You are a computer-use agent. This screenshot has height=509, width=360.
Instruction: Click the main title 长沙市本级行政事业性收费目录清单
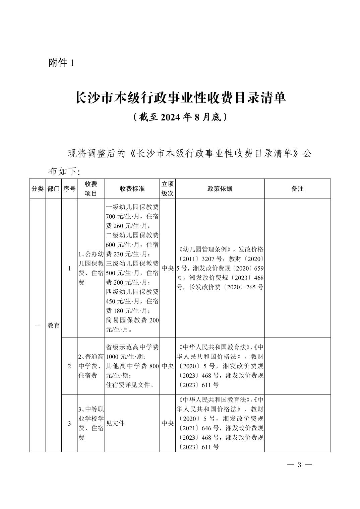(x=180, y=98)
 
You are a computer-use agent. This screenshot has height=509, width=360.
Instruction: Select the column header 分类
(x=38, y=189)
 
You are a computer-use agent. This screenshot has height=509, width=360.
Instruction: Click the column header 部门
(x=54, y=189)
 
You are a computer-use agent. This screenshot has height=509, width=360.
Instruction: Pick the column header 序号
(x=69, y=189)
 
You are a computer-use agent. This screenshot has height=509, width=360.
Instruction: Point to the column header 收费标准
(x=132, y=189)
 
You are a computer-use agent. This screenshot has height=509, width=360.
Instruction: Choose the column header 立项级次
(x=168, y=189)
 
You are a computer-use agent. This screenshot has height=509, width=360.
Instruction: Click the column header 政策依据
(x=220, y=189)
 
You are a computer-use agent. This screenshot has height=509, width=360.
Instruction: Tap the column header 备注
(x=297, y=189)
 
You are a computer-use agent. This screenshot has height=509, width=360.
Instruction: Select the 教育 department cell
(x=54, y=325)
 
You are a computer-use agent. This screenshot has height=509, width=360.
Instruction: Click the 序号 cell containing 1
(x=69, y=268)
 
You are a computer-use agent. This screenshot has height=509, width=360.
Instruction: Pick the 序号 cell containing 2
(x=69, y=366)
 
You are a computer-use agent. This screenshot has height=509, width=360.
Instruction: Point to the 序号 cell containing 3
(x=69, y=423)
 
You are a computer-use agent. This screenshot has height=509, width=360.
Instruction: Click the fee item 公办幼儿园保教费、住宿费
(x=91, y=268)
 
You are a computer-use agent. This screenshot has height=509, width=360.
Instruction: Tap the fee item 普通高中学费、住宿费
(x=91, y=366)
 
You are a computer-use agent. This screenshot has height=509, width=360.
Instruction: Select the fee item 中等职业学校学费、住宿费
(x=91, y=423)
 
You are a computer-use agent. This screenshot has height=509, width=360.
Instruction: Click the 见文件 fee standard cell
(x=115, y=423)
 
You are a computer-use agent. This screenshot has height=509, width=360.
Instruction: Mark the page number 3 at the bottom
(x=300, y=465)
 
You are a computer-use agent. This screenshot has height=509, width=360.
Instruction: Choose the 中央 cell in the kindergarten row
(x=168, y=268)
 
